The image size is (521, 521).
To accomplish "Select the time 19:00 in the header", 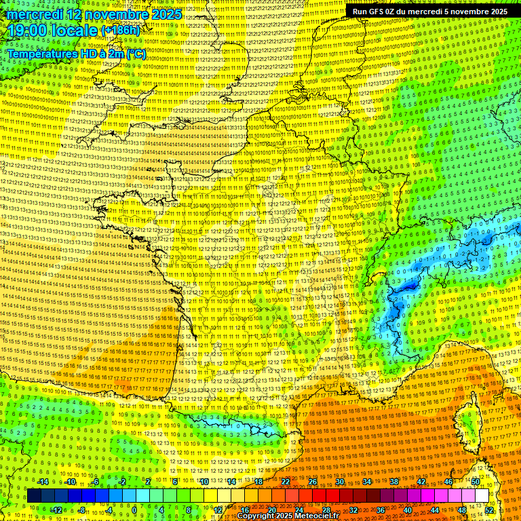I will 27,31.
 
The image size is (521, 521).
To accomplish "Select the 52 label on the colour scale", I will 489,509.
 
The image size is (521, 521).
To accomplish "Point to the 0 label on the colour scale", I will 134,509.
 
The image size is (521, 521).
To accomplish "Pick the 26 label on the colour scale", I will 313,482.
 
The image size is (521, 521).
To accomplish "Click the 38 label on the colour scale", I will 393,482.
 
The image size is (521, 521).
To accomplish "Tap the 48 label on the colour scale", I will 462,509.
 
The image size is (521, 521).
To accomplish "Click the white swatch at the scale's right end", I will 481,496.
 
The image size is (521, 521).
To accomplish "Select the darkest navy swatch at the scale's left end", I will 35,496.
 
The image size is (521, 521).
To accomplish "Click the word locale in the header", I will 75,31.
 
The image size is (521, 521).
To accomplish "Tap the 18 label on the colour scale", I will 258,482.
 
